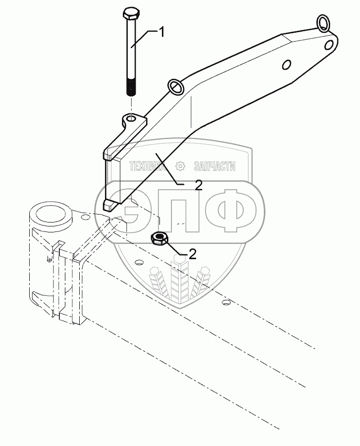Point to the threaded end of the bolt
click(x=131, y=88)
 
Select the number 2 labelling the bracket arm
click(x=198, y=185)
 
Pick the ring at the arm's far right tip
click(x=323, y=22)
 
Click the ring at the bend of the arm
click(x=176, y=87)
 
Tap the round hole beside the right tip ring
click(x=329, y=45)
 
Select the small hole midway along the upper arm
click(x=286, y=65)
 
